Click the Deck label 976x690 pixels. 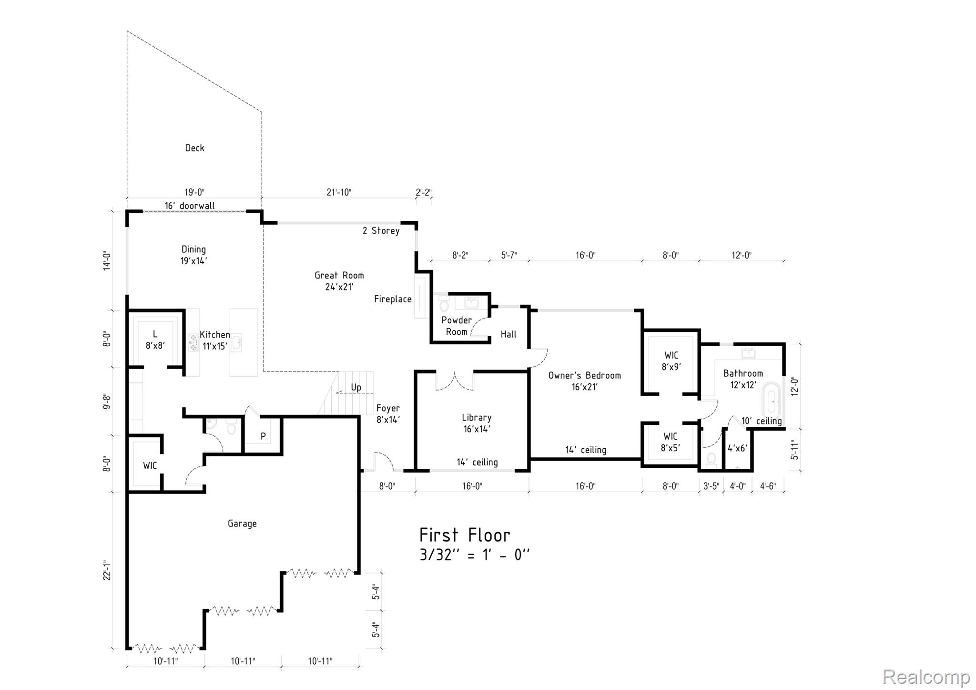194,148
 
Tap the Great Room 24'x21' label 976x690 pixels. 339,281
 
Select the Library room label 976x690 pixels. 476,423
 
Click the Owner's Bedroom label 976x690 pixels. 584,381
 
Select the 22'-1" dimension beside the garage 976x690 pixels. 107,570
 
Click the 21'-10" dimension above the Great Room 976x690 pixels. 339,192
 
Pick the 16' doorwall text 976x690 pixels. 190,206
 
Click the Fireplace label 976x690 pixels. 393,299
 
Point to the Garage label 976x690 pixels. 242,524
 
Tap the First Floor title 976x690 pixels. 465,535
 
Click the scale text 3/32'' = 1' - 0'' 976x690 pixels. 474,555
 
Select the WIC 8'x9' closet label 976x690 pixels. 671,361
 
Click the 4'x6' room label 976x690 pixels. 737,448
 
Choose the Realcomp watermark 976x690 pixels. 926,677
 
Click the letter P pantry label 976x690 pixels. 263,436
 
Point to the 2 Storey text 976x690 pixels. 381,231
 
